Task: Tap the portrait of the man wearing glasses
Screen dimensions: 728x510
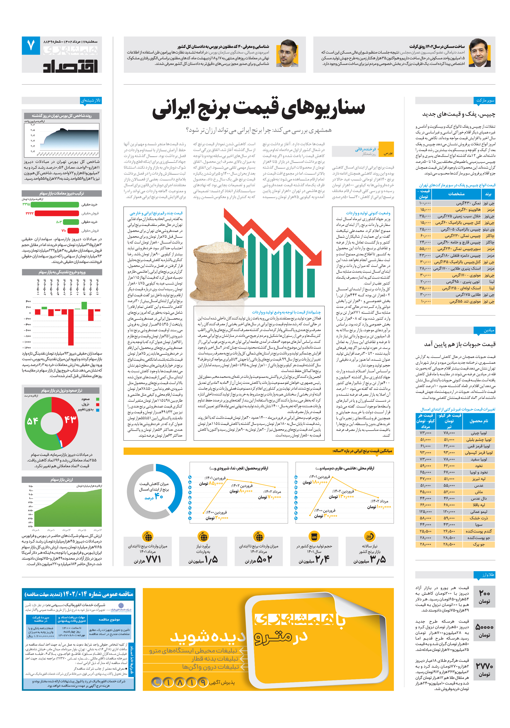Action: pyautogui.click(x=287, y=53)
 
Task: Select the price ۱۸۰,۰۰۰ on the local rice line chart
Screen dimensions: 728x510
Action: pyautogui.click(x=319, y=482)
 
